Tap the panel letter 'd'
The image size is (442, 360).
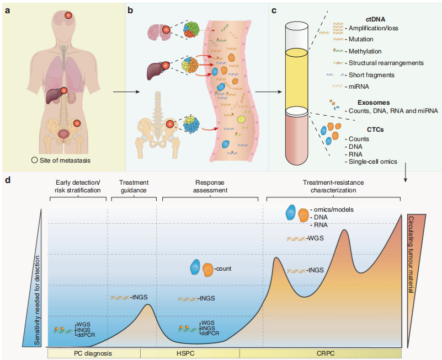click(x=7, y=180)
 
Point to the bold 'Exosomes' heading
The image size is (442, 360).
click(x=373, y=102)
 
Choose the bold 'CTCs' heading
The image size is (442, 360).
click(x=360, y=129)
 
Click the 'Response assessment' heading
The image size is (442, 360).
click(x=212, y=186)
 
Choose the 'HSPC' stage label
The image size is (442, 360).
click(x=190, y=352)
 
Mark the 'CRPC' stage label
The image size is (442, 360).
click(x=320, y=352)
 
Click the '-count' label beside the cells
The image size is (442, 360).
click(x=223, y=269)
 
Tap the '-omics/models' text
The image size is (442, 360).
click(x=331, y=210)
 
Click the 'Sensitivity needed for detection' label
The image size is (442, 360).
click(x=38, y=300)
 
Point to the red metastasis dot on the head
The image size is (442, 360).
click(x=69, y=17)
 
